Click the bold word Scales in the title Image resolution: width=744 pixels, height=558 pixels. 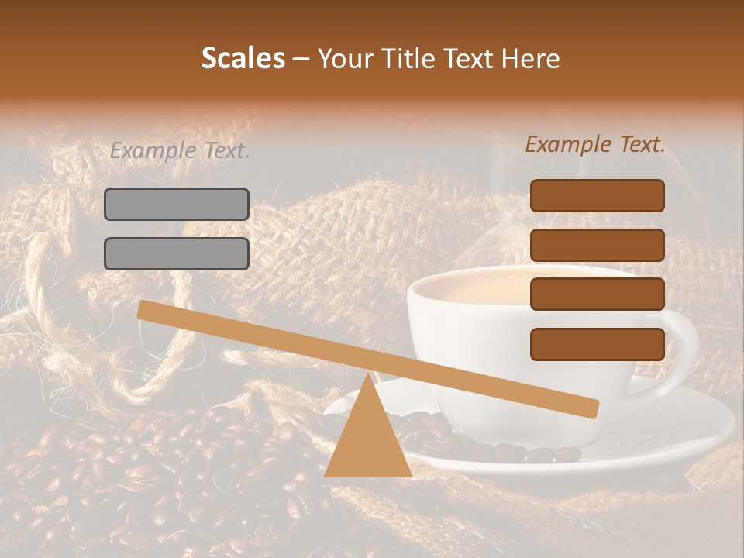243,58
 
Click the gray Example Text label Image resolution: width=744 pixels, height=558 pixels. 180,151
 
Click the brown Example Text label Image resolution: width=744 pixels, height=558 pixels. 595,144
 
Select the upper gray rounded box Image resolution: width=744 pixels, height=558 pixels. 177,204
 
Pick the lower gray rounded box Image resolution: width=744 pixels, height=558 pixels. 177,253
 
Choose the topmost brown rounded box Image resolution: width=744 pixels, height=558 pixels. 597,195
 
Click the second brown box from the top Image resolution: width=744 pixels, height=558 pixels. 597,245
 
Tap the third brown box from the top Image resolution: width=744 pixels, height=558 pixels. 597,294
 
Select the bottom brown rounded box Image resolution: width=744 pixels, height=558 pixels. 597,344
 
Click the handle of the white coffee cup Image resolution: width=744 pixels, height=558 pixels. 686,341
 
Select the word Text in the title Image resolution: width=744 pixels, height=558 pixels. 464,58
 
